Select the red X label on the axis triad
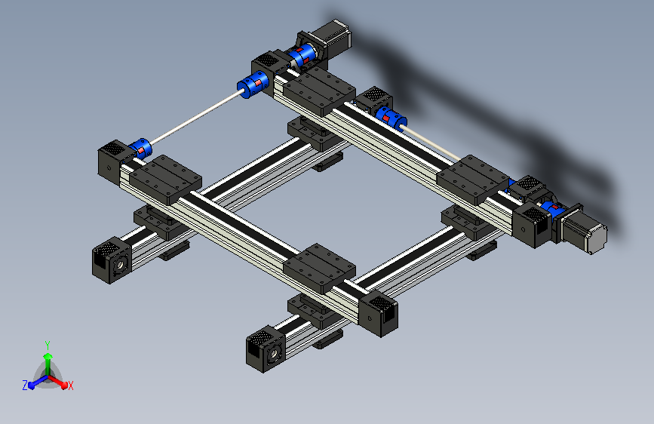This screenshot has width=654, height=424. click(71, 386)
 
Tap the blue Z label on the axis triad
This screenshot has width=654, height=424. click(24, 386)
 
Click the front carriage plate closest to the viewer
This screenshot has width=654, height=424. click(320, 267)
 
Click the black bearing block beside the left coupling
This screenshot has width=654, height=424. click(114, 161)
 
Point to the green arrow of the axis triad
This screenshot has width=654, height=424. click(47, 361)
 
